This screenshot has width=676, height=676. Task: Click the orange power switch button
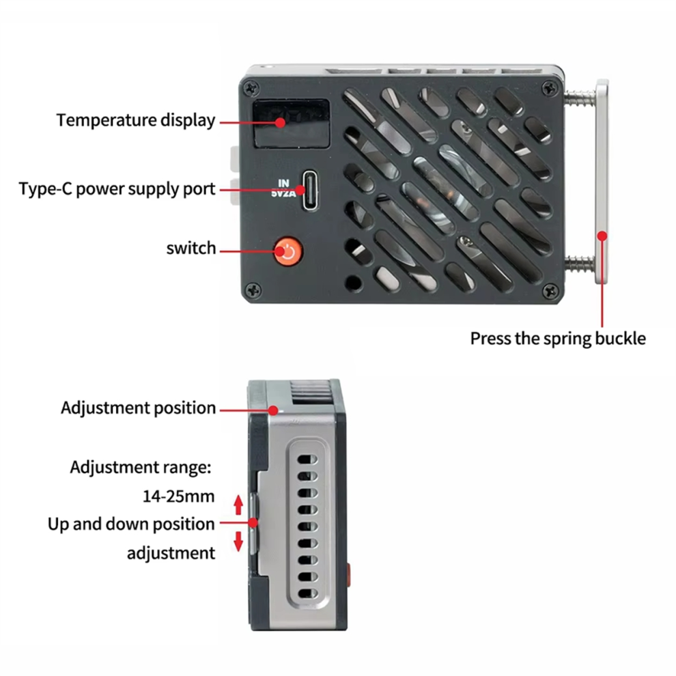pos(288,251)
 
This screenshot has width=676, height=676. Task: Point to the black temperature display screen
pos(291,124)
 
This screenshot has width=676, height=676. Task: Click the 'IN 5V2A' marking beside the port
pos(283,189)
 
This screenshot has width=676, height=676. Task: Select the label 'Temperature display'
pos(136,120)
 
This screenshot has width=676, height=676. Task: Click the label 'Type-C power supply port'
pos(117,189)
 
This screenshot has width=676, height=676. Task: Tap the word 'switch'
pos(191,249)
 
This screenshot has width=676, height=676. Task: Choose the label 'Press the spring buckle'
pos(558,339)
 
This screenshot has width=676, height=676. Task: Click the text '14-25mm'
pos(178,496)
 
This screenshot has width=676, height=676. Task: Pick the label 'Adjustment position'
pos(139,408)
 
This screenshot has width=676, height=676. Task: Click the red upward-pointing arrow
pos(238,505)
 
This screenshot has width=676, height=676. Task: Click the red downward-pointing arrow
pos(238,541)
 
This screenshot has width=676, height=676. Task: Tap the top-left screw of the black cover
pos(251,88)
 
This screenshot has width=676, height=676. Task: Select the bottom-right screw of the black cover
pos(550,291)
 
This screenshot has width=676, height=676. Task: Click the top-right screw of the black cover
pos(549,89)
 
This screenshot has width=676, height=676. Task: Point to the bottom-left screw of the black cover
pos(253,290)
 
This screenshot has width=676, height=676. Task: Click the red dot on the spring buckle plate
pos(602,236)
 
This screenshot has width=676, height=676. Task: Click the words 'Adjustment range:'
pos(141,467)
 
